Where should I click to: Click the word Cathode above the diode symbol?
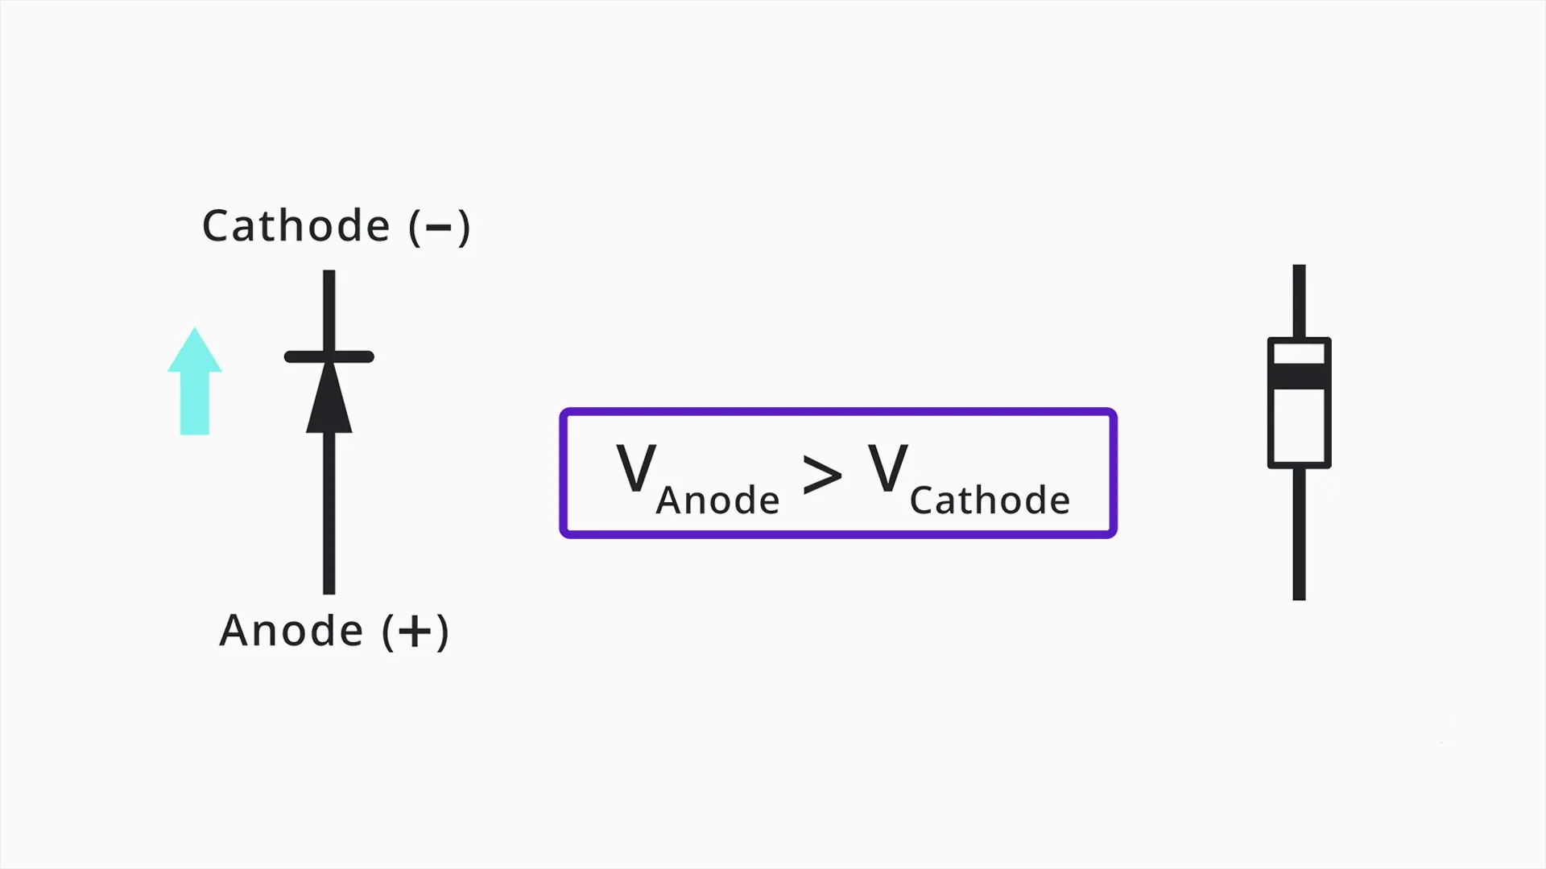[296, 226]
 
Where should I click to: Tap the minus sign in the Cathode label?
[438, 228]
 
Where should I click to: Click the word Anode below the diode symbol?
[291, 630]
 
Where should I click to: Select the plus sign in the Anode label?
[415, 632]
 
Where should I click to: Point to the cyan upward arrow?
[194, 381]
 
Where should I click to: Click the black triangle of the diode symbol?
[329, 397]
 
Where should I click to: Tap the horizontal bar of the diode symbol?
[329, 356]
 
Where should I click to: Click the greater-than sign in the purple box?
[822, 475]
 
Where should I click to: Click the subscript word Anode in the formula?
[718, 500]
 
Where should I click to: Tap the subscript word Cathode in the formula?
[990, 500]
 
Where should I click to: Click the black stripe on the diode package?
[1299, 377]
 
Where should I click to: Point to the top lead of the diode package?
[1299, 301]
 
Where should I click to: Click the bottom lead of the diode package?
[1299, 534]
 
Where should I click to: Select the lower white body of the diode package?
[1299, 426]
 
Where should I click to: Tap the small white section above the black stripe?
[1299, 354]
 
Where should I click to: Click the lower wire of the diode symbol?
[329, 514]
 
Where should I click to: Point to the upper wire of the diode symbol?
[329, 311]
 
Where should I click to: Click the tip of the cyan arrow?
[194, 327]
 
